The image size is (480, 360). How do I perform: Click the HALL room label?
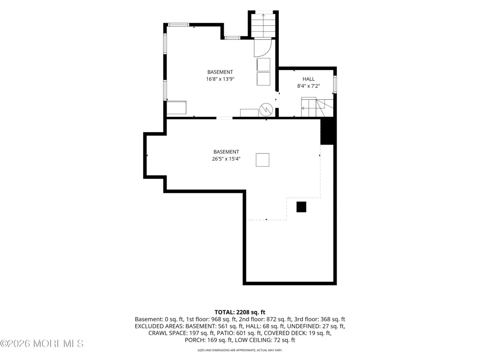coord(309,79)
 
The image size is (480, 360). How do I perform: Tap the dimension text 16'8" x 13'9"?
coord(220,79)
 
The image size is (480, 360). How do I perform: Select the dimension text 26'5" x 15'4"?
coord(226,158)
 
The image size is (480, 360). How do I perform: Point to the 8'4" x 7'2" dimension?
coord(309,86)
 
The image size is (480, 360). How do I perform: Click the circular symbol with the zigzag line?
coord(266,109)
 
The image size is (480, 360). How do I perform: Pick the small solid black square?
coord(301,207)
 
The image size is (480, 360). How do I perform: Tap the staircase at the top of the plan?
coord(263,25)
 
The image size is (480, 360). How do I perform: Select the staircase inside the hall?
coord(317,107)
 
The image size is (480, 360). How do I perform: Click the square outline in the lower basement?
coord(263,160)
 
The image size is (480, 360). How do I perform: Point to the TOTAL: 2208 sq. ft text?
coord(240,312)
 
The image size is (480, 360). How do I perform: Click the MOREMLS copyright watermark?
coord(42,344)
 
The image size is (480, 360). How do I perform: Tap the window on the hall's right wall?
coord(335,84)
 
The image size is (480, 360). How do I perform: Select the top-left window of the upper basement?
coord(179,25)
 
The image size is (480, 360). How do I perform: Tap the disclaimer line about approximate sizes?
coord(240,350)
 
